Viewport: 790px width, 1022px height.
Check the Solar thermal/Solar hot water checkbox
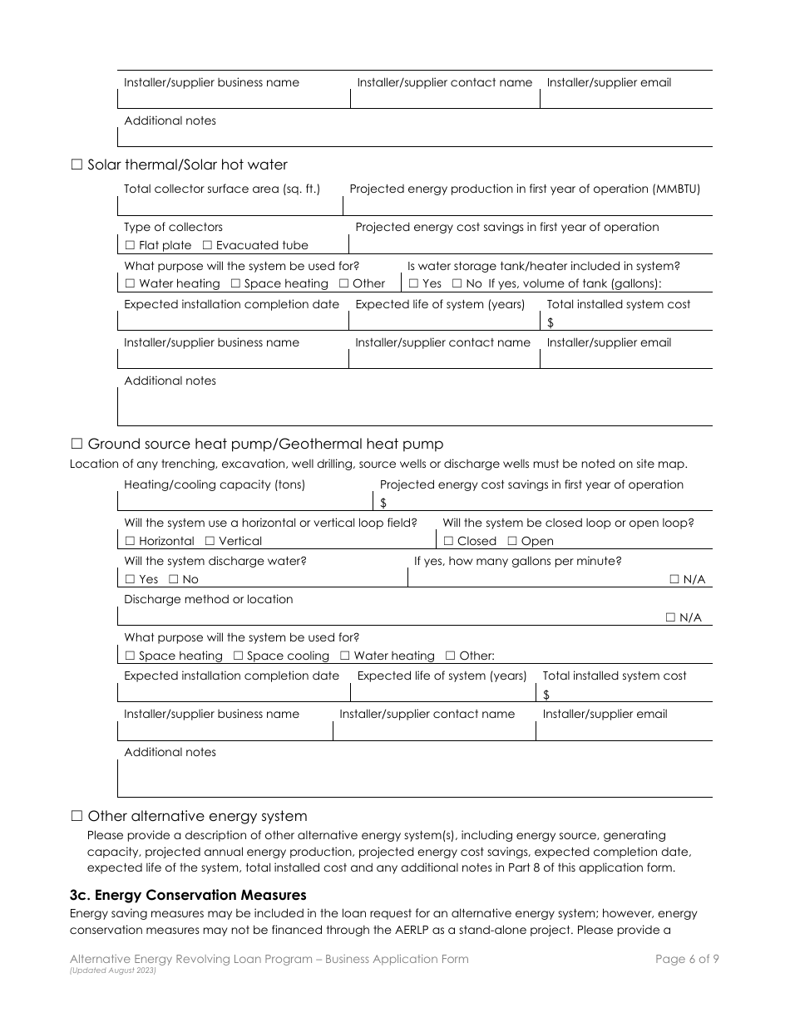[77, 165]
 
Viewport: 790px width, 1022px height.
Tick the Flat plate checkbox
[130, 245]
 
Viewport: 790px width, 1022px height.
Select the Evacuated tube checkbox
[208, 245]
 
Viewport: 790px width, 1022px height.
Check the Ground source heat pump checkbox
[77, 444]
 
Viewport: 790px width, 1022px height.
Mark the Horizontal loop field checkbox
[130, 541]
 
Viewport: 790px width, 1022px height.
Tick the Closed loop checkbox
[448, 541]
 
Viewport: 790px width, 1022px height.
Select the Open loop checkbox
[512, 541]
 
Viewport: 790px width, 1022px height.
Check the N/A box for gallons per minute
[674, 579]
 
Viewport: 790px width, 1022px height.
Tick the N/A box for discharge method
[671, 617]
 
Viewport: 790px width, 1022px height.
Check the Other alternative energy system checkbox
[77, 816]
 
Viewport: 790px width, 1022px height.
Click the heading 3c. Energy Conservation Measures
[188, 895]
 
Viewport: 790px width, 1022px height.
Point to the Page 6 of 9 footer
[687, 959]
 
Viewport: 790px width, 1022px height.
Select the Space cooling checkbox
[239, 656]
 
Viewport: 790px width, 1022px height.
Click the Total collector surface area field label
[221, 189]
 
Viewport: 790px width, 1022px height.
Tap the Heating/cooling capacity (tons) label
[214, 484]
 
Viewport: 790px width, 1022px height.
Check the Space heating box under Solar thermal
[235, 283]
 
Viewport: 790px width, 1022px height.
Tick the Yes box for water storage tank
[412, 283]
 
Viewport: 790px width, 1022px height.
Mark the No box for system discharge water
[174, 579]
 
